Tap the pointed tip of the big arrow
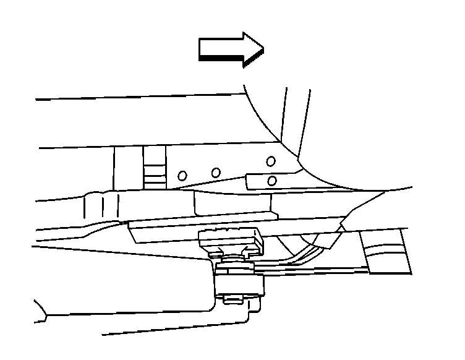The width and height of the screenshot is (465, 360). pyautogui.click(x=263, y=48)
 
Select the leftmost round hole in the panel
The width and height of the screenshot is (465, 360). pyautogui.click(x=182, y=176)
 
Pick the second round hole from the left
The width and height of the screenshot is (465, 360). pyautogui.click(x=215, y=172)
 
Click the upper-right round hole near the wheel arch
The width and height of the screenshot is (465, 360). pyautogui.click(x=270, y=161)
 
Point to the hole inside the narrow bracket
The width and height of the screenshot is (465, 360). pyautogui.click(x=272, y=181)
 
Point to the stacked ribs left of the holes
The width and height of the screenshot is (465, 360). pyautogui.click(x=155, y=168)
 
